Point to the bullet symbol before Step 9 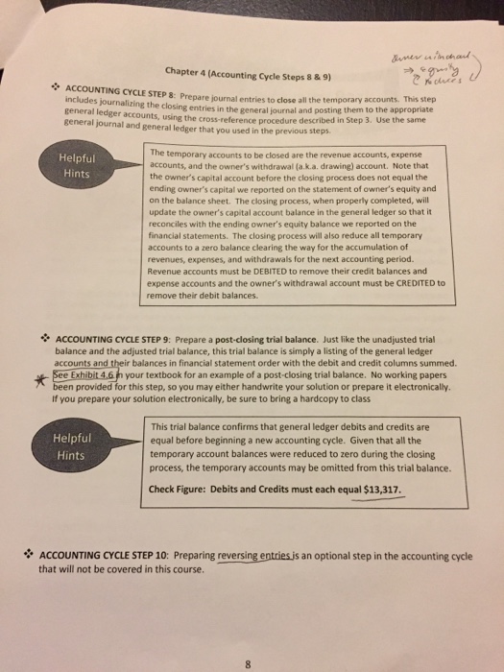click(46, 339)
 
